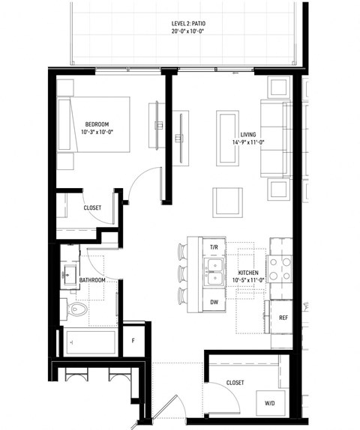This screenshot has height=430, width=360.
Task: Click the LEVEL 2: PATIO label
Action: pyautogui.click(x=188, y=24)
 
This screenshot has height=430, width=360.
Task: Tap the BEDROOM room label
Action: pyautogui.click(x=97, y=124)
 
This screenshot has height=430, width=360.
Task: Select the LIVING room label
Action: pyautogui.click(x=248, y=135)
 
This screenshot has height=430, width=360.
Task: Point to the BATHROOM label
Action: pyautogui.click(x=92, y=280)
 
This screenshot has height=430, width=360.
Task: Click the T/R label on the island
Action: pyautogui.click(x=213, y=246)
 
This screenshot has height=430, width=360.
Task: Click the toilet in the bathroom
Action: pyautogui.click(x=76, y=309)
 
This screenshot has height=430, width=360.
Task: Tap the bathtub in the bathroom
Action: pyautogui.click(x=91, y=343)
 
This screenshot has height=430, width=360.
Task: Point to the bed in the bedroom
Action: pyautogui.click(x=94, y=135)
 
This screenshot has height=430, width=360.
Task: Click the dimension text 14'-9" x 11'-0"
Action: pyautogui.click(x=248, y=144)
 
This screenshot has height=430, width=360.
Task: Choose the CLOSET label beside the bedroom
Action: pyautogui.click(x=92, y=208)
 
